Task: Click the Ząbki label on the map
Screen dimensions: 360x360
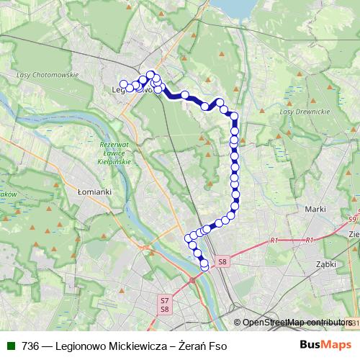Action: point(326,264)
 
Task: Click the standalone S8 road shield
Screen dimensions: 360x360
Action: point(222,262)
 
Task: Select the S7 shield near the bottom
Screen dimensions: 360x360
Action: point(165,300)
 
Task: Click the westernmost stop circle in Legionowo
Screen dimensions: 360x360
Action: point(124,84)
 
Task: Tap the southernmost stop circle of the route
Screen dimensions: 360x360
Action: point(204,266)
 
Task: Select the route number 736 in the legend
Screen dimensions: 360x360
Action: point(31,346)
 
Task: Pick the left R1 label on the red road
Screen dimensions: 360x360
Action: point(274,240)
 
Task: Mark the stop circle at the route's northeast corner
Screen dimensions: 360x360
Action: point(234,116)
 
